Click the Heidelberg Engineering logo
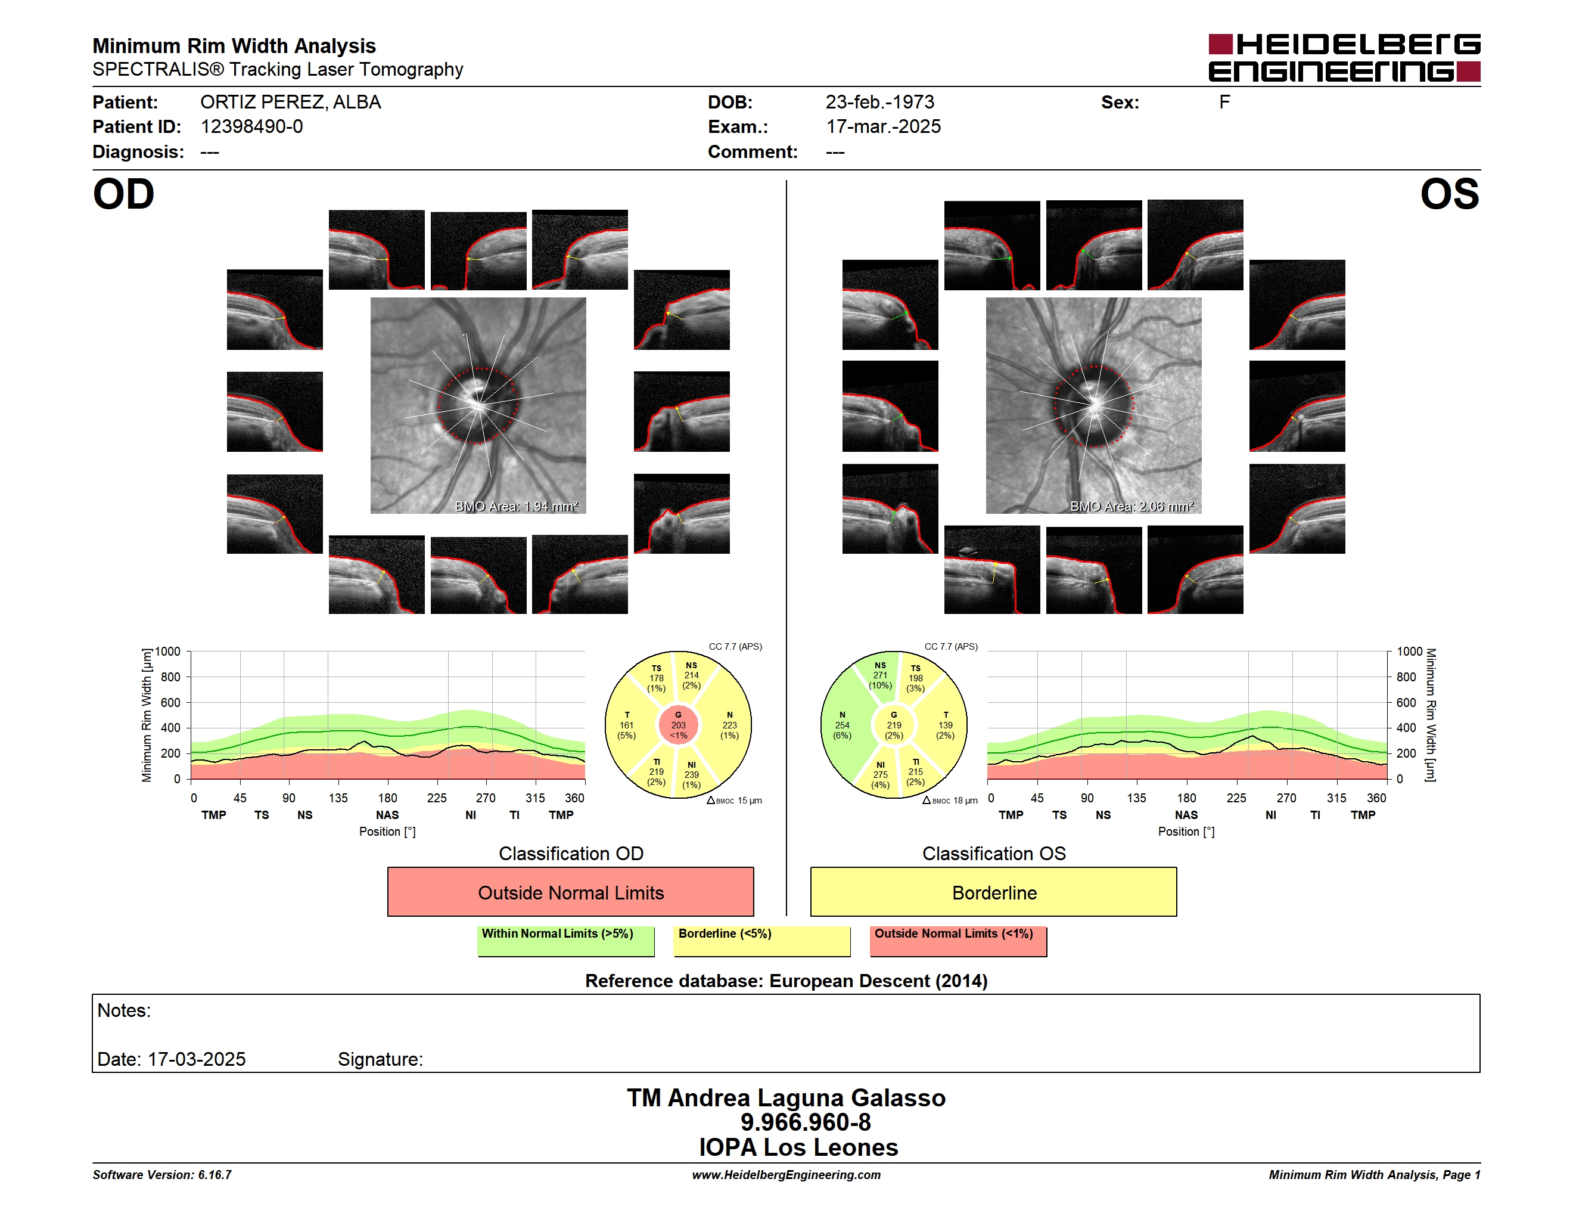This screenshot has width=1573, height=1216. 1344,58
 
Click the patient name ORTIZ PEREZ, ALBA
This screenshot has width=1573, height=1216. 290,103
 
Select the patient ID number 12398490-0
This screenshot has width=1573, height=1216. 251,127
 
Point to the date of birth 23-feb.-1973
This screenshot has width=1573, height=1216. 879,103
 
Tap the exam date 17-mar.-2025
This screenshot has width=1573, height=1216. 883,127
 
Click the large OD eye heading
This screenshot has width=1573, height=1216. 123,194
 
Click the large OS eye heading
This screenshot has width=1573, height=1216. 1449,194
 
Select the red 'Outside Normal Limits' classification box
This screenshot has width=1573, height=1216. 570,892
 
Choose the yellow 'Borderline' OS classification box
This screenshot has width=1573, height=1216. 993,892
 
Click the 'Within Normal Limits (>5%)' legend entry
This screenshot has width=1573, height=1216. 558,933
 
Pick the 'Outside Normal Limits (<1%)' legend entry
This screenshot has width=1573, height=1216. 953,933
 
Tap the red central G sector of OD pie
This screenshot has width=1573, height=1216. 679,725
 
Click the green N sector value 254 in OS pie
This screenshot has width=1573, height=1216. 842,725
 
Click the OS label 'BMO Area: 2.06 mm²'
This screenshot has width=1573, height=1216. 1131,507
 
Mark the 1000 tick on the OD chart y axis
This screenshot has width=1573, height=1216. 168,652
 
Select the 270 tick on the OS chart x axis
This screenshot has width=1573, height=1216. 1286,798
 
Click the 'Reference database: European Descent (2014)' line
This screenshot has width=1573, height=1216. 786,981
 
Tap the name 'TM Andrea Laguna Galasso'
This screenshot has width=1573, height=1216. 786,1098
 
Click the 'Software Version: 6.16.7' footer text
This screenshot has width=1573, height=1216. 162,1175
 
